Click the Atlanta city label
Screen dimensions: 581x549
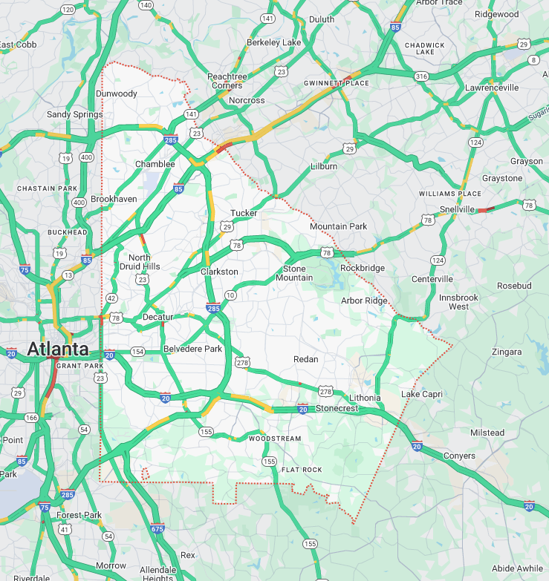[x=57, y=349]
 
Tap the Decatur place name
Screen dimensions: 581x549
[x=157, y=317]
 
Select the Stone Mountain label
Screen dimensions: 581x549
[x=294, y=273]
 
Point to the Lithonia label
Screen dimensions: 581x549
[x=365, y=398]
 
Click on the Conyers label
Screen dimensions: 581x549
[x=459, y=455]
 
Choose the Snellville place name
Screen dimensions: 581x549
[x=457, y=210]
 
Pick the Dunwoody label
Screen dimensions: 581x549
[x=117, y=93]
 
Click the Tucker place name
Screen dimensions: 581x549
[x=244, y=213]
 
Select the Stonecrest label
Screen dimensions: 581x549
[x=337, y=408]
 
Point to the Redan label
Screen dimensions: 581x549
[x=305, y=359]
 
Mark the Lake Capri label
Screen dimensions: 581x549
[x=421, y=393]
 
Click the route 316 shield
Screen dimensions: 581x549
[x=421, y=76]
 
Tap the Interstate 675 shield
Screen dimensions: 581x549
[x=157, y=528]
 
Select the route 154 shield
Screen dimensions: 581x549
[x=137, y=351]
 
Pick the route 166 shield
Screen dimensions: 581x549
[x=30, y=418]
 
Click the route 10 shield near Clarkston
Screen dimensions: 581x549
[x=230, y=295]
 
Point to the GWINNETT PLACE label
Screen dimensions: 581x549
[x=337, y=83]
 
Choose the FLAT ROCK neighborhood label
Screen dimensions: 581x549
[x=302, y=470]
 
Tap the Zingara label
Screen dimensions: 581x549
[x=506, y=352]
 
